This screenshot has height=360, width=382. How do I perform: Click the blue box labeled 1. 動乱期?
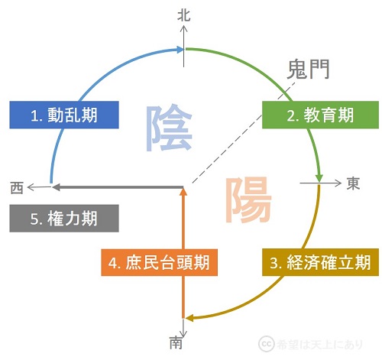pos(64,115)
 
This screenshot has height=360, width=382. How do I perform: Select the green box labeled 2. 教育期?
pos(320,115)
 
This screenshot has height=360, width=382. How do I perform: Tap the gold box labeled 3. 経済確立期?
pos(320,262)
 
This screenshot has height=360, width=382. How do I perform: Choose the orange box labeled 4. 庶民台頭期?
pos(159,262)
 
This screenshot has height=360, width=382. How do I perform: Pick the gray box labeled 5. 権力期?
pos(64,219)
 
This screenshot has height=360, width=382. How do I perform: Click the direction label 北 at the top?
pos(184,15)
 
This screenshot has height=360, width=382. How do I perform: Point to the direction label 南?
pos(176,342)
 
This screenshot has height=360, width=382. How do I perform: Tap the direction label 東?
pos(353,183)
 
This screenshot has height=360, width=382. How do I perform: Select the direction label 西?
pos(17,188)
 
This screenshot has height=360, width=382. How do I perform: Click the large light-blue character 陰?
pos(169,128)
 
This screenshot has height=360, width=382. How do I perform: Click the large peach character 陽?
pos(248,200)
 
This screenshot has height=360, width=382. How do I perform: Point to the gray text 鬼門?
pos(308,69)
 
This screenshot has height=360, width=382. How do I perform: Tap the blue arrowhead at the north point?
pos(179,50)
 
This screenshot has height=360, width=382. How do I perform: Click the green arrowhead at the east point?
pos(319,178)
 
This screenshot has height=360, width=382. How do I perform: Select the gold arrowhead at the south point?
pos(189,318)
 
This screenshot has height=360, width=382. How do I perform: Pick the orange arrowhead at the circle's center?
pos(183,192)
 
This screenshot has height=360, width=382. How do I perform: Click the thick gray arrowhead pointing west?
pos(56,187)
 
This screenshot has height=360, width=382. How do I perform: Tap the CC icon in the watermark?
pos(267,344)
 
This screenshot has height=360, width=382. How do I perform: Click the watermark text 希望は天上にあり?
pos(319,344)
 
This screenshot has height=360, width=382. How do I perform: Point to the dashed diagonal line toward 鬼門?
pos(243,132)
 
